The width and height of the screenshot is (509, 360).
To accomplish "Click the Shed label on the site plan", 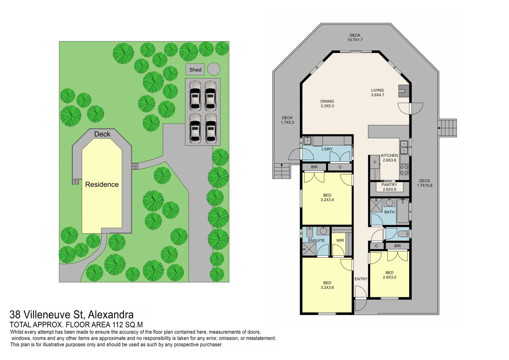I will (x=195, y=70).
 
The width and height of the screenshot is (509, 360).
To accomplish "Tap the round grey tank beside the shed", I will (x=214, y=69).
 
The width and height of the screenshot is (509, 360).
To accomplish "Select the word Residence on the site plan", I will (x=102, y=184).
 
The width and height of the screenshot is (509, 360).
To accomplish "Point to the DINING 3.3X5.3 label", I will (x=327, y=104).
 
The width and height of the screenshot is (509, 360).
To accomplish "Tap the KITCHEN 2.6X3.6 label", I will (x=389, y=158).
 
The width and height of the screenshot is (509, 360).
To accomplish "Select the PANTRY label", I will (x=389, y=185).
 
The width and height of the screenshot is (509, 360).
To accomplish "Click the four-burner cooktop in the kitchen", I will (x=404, y=170).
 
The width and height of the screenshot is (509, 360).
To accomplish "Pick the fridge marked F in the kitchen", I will (x=375, y=163).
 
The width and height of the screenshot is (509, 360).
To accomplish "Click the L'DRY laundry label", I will (x=327, y=149).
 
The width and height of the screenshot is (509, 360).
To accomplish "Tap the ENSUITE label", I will (x=316, y=240).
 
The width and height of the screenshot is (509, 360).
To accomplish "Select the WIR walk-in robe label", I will (x=340, y=240).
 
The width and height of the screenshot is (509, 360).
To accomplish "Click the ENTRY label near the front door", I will (x=361, y=279).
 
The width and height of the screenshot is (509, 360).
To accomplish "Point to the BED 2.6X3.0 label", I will (x=389, y=275).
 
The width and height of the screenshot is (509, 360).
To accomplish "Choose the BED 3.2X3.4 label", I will (x=327, y=198).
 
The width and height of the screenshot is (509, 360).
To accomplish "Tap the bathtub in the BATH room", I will (x=403, y=211).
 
